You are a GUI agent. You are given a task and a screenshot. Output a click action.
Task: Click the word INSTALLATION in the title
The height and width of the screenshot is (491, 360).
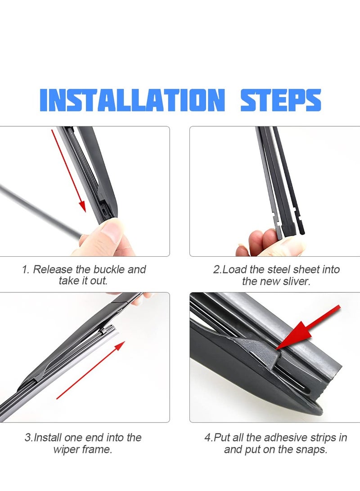point(132,100)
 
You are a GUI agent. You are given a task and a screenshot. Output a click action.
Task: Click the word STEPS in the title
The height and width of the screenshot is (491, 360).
point(281,100)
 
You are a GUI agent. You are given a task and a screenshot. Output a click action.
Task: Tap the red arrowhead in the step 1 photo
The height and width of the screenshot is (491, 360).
point(82,206)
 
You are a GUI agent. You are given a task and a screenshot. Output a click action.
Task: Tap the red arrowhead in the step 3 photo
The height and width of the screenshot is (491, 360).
point(119,346)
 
